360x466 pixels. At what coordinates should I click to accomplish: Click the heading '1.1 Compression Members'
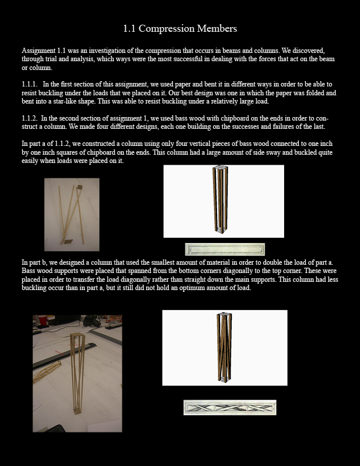180,28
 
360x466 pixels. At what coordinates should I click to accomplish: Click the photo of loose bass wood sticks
72,214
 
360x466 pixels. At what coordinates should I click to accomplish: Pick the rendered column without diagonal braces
224,201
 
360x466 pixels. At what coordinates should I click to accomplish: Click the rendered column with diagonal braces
224,347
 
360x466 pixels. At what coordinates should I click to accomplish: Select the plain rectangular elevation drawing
225,249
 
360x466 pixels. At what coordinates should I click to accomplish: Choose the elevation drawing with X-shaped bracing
229,407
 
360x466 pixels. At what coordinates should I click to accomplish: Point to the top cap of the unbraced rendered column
221,169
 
